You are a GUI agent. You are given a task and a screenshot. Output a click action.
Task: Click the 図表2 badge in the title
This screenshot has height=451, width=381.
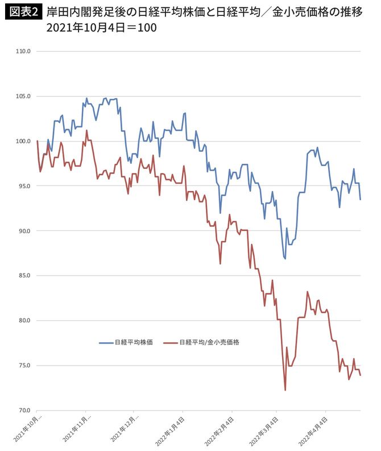point(23,12)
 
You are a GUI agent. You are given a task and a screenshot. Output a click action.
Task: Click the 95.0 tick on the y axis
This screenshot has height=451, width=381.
point(24,186)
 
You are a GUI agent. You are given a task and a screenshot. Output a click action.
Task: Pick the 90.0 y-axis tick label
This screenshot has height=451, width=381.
point(24,231)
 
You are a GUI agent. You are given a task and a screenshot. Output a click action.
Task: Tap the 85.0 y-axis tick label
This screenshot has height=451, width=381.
point(24,276)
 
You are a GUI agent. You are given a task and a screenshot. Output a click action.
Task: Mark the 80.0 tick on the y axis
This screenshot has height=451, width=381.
point(24,321)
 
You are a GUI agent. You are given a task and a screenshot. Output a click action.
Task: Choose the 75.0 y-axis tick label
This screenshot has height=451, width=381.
point(24,366)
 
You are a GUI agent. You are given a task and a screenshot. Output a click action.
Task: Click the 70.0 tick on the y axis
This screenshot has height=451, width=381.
point(24,410)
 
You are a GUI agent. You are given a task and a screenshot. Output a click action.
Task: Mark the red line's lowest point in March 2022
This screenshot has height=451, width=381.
point(285,390)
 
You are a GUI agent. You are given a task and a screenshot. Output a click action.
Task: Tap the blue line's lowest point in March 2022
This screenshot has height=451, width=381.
point(285,259)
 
